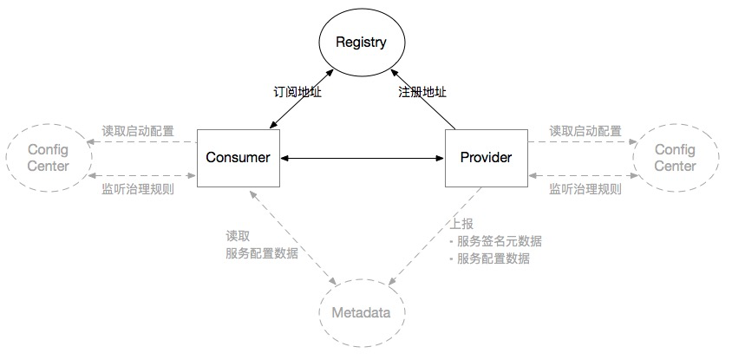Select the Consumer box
238,157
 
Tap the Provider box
486,157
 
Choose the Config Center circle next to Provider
675,157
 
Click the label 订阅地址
298,90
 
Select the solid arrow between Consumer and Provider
362,158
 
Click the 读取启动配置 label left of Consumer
138,131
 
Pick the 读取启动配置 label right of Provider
585,131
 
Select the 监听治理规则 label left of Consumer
138,187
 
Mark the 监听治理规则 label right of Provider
585,187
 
